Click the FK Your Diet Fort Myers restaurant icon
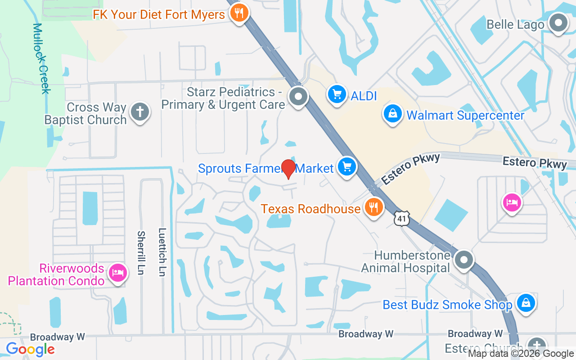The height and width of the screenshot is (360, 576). click(x=239, y=13)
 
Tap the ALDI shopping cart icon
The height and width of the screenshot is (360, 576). click(x=336, y=94)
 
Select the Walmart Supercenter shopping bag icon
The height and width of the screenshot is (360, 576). click(x=393, y=114)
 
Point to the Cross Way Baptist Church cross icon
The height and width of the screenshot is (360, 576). click(x=139, y=112)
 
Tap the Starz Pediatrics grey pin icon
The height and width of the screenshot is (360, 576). click(x=297, y=96)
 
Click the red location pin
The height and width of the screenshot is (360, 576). click(x=288, y=169)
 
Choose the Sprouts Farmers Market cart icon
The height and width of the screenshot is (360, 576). click(x=346, y=167)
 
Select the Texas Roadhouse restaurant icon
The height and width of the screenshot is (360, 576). click(x=373, y=207)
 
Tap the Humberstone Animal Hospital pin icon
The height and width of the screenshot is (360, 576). click(x=463, y=260)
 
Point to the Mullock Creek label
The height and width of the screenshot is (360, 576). click(x=41, y=58)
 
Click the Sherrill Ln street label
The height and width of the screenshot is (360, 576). click(x=141, y=253)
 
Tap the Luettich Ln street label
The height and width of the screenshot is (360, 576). click(x=162, y=252)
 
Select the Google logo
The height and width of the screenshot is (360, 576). click(x=30, y=349)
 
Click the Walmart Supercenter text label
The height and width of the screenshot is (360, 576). click(x=465, y=116)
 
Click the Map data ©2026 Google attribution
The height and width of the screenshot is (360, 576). click(x=521, y=354)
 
